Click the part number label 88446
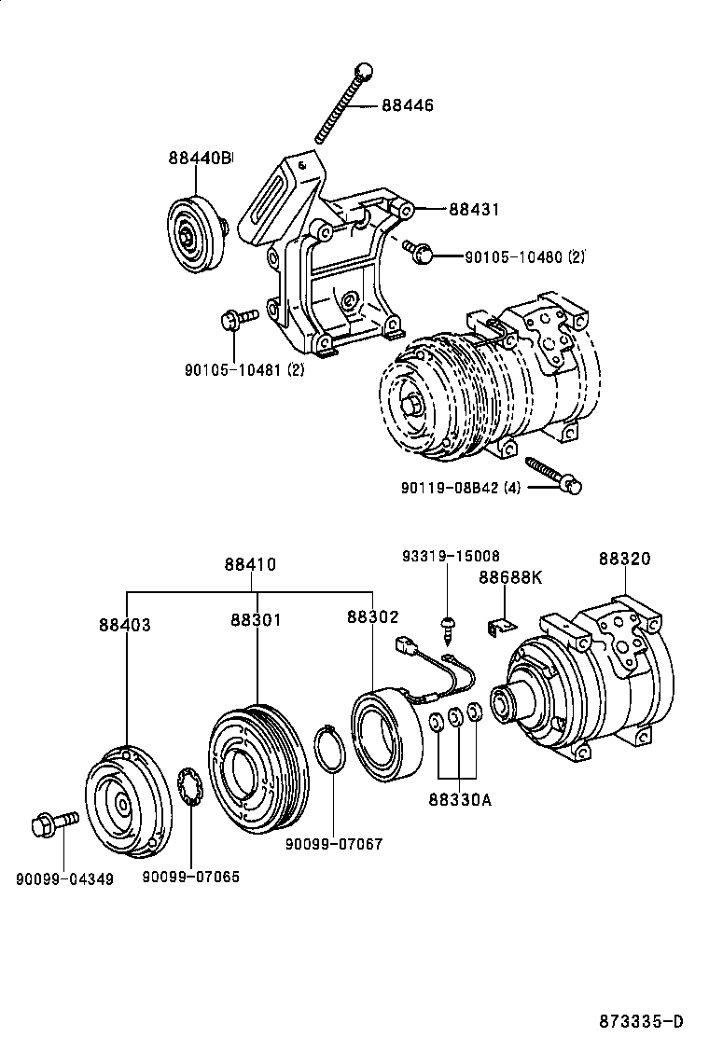click(x=407, y=105)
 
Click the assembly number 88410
click(x=249, y=565)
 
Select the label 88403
click(x=125, y=624)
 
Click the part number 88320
click(x=624, y=559)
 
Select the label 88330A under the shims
click(x=460, y=800)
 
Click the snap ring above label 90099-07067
click(x=327, y=750)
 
